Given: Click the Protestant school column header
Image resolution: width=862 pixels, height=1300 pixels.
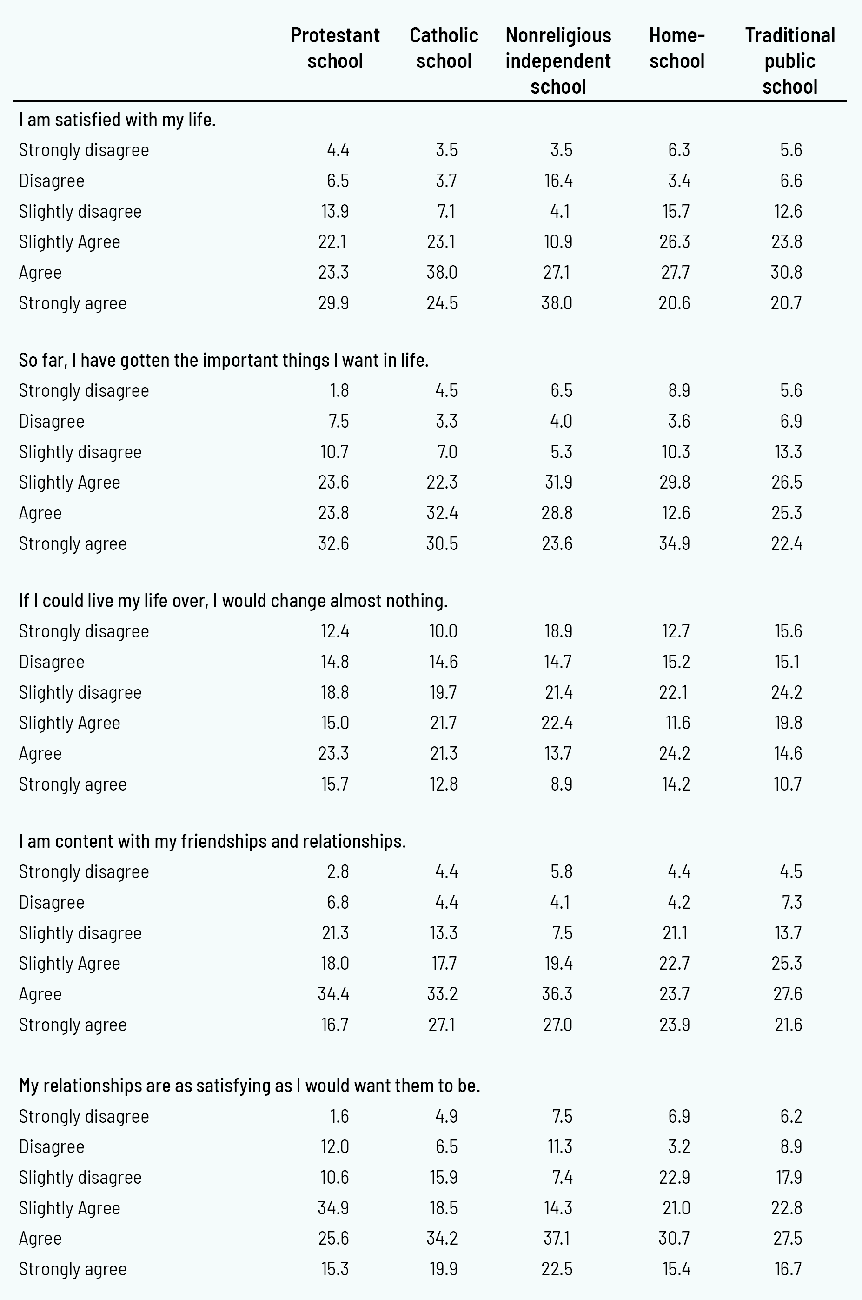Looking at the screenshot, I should pyautogui.click(x=335, y=48).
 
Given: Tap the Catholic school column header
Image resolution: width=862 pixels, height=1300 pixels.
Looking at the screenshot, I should pyautogui.click(x=444, y=48).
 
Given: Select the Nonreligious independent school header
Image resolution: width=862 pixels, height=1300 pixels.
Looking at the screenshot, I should pyautogui.click(x=558, y=60).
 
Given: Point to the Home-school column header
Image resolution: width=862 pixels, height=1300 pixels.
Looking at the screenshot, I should pyautogui.click(x=677, y=48).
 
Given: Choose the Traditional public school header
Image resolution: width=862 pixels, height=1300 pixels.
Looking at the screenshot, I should pyautogui.click(x=789, y=60).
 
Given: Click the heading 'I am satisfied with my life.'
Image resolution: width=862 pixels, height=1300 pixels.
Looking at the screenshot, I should pyautogui.click(x=117, y=120).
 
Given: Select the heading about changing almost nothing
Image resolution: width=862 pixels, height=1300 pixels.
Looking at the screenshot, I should pyautogui.click(x=233, y=600).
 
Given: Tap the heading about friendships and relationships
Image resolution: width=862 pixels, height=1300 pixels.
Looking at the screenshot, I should pyautogui.click(x=212, y=841).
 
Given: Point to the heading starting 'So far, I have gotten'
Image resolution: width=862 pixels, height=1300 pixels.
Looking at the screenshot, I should pyautogui.click(x=223, y=360).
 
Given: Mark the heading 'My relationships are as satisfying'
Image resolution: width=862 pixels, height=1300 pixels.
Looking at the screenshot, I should pyautogui.click(x=250, y=1085).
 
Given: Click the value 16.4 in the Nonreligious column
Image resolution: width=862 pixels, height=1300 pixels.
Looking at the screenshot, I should pyautogui.click(x=558, y=181).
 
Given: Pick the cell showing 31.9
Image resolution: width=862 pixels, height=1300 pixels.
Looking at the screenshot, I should pyautogui.click(x=557, y=482).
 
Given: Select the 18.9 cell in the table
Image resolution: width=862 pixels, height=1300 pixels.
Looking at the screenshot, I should pyautogui.click(x=558, y=630).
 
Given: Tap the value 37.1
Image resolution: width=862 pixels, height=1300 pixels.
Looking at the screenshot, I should pyautogui.click(x=557, y=1238).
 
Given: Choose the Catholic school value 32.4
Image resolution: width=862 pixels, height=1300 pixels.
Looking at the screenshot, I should pyautogui.click(x=442, y=513).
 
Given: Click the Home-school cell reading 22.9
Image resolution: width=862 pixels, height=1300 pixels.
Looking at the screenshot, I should pyautogui.click(x=675, y=1177).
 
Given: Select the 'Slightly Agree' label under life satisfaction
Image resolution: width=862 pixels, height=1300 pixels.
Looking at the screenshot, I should pyautogui.click(x=69, y=241).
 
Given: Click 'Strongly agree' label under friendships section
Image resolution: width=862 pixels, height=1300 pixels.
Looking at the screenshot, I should pyautogui.click(x=73, y=1025).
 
